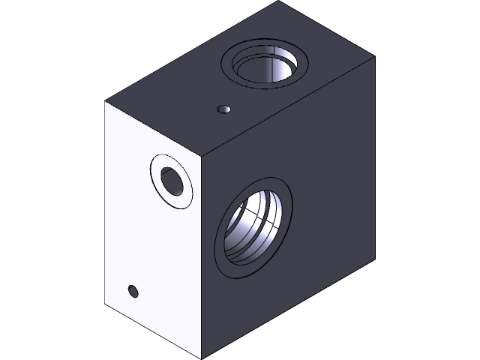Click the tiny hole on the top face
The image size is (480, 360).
(x=223, y=109)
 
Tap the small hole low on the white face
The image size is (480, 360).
(x=133, y=291)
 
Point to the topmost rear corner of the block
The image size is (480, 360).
(x=278, y=2)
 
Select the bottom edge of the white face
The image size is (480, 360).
(x=153, y=331)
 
